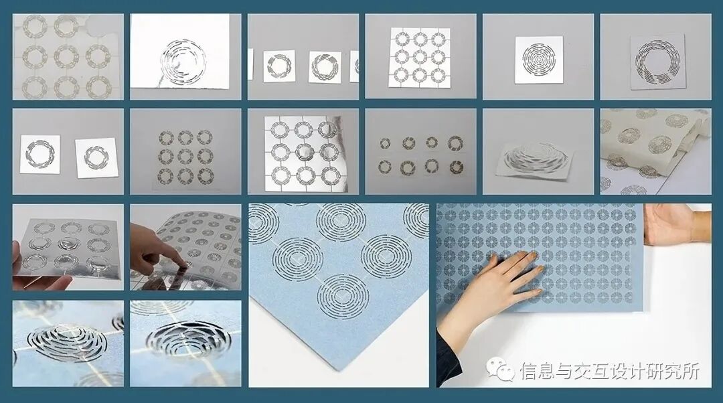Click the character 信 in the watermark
(x=529, y=370)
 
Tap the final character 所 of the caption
(x=690, y=370)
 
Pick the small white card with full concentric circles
(x=538, y=60)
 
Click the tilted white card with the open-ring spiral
(x=657, y=62)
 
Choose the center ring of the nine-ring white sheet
(x=420, y=57)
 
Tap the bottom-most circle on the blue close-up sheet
(x=343, y=296)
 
